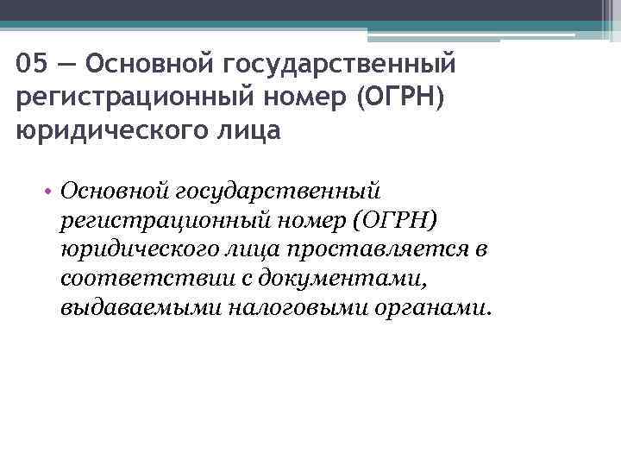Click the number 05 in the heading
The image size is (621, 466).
tap(30, 64)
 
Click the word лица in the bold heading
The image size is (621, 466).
tap(251, 133)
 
